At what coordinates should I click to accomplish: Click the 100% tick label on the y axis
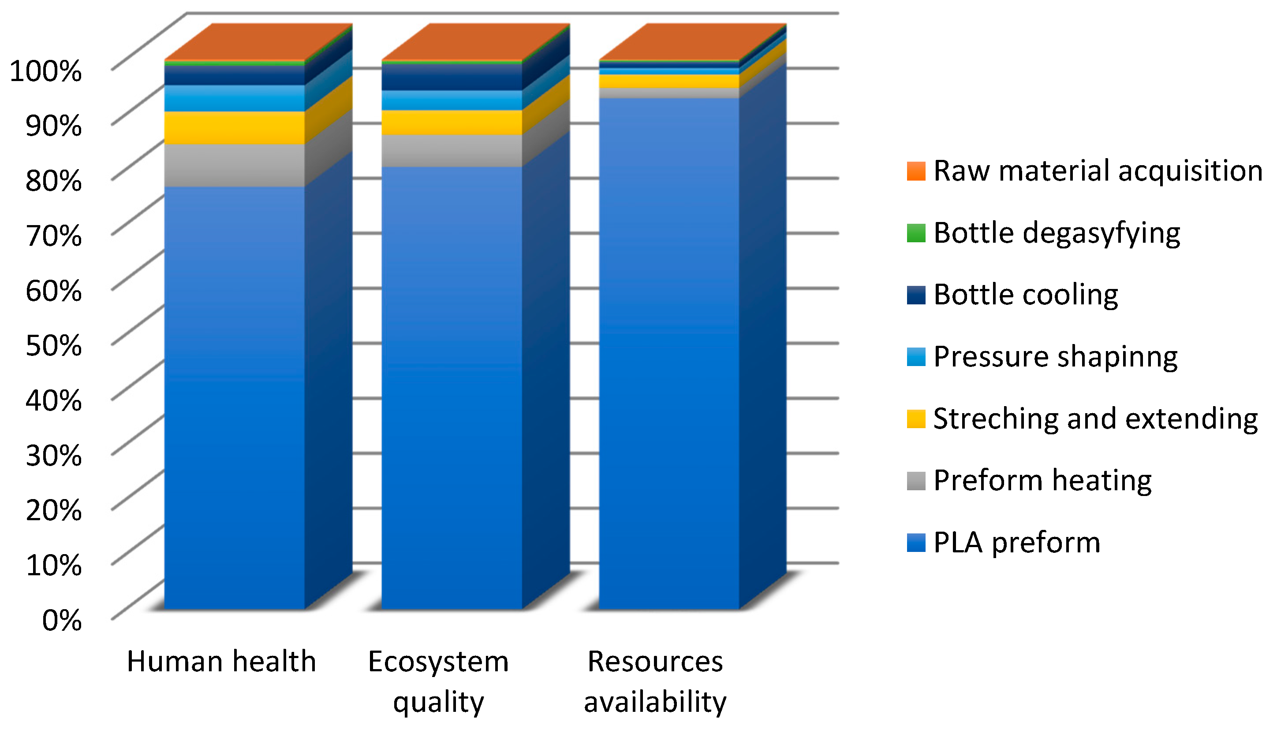tap(45, 71)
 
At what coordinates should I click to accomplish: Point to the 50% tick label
tap(53, 345)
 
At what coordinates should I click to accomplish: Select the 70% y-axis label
tap(53, 236)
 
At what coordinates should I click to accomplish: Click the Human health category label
tap(221, 662)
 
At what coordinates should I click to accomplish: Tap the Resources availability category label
tap(655, 681)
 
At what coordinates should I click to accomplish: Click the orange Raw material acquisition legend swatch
tap(916, 171)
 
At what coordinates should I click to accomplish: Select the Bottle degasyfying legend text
tap(1057, 233)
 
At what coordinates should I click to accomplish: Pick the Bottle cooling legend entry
tap(1025, 295)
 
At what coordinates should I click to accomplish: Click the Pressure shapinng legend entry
tap(1055, 357)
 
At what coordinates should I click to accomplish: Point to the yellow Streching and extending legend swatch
tap(916, 418)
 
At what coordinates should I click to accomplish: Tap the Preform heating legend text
tap(1042, 481)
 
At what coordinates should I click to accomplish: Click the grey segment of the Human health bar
tap(235, 165)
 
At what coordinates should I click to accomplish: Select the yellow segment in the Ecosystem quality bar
tap(452, 122)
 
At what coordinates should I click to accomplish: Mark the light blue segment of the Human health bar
tap(235, 98)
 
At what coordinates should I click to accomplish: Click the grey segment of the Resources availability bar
tap(668, 93)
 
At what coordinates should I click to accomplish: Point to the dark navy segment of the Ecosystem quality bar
tap(452, 77)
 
